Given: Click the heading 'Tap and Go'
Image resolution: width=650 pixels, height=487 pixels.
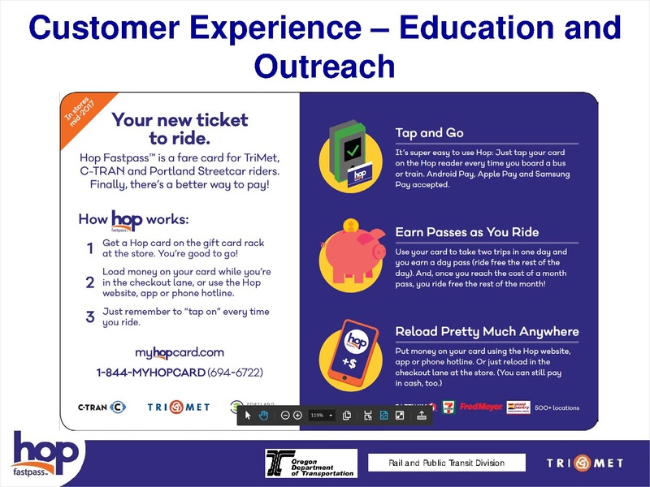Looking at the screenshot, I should click(431, 133).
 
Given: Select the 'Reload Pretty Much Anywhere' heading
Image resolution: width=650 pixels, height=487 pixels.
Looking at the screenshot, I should click(487, 331).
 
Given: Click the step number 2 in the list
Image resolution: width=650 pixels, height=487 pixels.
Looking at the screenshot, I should click(90, 282).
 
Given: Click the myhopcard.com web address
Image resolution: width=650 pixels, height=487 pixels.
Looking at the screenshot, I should click(179, 352).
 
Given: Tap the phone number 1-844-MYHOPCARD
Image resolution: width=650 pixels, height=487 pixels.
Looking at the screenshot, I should click(180, 372).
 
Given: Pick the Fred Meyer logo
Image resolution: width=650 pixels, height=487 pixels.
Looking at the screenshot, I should click(480, 407).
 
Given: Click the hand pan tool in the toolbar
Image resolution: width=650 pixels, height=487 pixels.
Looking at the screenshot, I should click(263, 415).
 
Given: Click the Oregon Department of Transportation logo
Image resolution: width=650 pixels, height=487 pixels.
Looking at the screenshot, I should click(310, 463).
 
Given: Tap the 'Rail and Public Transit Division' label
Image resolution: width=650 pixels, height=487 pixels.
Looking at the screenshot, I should click(446, 463).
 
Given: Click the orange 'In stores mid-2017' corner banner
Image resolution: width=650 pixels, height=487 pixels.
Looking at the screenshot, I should click(80, 119).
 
